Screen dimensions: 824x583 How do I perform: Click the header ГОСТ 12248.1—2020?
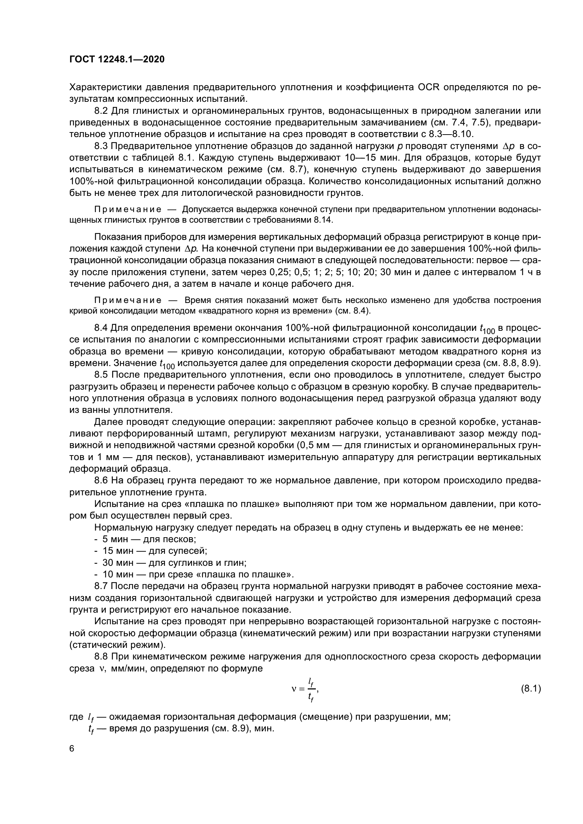click(x=117, y=59)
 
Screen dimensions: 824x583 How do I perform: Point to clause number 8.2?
click(x=101, y=111)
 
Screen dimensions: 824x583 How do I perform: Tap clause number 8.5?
click(x=101, y=375)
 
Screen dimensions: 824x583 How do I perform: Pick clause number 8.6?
click(x=101, y=481)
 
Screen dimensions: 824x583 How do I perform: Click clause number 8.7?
click(x=101, y=586)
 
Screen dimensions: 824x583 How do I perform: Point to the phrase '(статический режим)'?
click(x=117, y=645)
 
